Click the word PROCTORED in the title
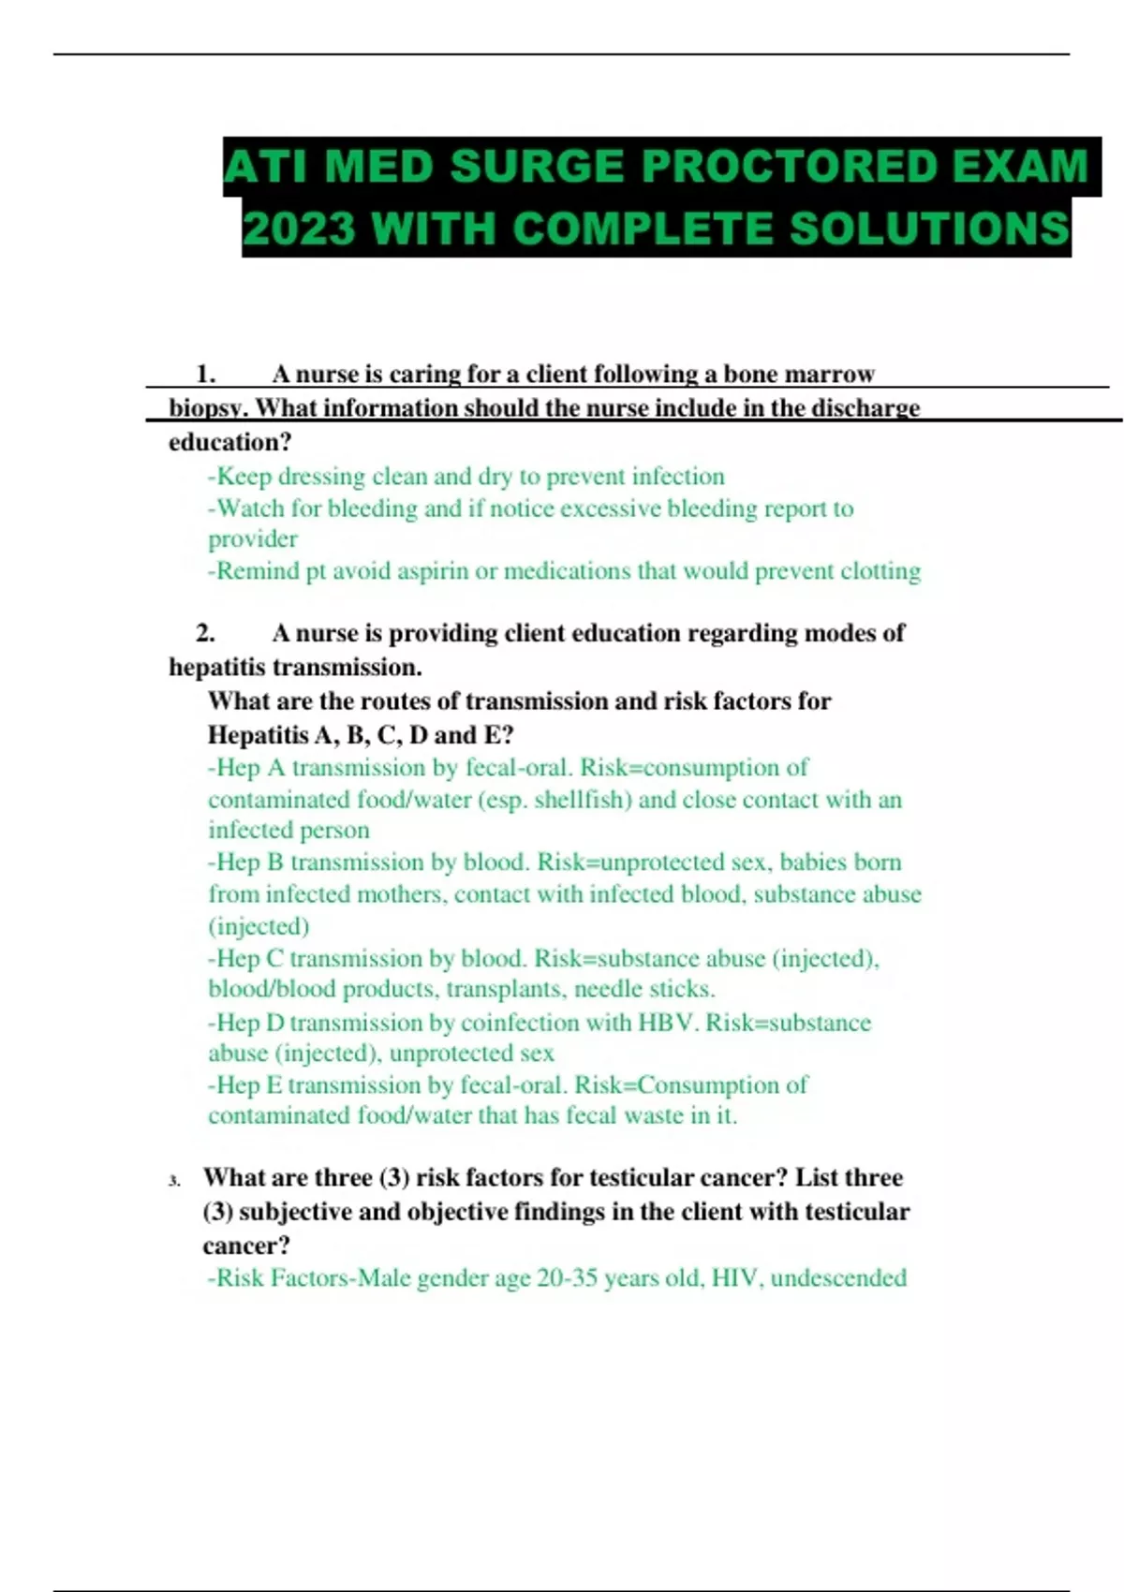point(790,168)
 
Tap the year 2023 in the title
point(299,229)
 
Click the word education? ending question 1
point(230,442)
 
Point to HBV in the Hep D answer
point(667,1023)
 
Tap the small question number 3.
point(174,1181)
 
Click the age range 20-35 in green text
point(567,1278)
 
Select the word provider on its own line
point(253,540)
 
